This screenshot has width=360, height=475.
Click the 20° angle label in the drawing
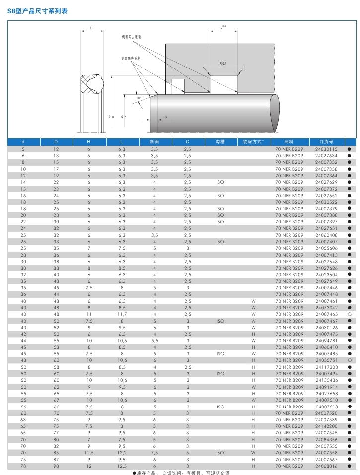click(138, 98)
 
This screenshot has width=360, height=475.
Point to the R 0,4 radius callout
click(223, 64)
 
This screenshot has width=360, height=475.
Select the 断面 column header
click(154, 142)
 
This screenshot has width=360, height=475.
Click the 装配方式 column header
click(253, 142)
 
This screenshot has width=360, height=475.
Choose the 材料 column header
click(289, 142)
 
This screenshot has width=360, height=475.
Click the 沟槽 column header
click(220, 142)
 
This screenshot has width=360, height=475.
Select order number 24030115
click(326, 149)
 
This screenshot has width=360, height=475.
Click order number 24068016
click(326, 466)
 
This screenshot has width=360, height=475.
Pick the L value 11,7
click(122, 314)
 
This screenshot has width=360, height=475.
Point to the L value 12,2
click(122, 453)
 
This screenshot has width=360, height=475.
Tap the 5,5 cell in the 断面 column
click(154, 340)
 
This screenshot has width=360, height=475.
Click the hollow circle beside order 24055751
click(350, 360)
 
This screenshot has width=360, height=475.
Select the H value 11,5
click(89, 453)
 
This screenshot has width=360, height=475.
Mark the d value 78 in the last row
click(23, 466)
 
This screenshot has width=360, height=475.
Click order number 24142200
click(326, 426)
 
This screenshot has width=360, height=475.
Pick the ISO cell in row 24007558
click(220, 453)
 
